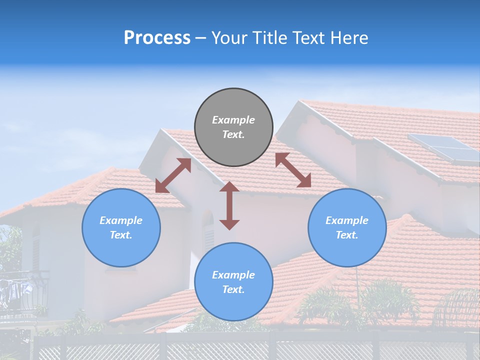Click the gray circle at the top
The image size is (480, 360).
(x=233, y=127)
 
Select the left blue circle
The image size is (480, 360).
(x=121, y=227)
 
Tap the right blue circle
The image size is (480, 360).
(x=347, y=227)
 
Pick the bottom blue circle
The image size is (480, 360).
(x=233, y=282)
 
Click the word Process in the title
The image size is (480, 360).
(x=157, y=38)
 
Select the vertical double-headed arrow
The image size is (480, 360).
(x=229, y=205)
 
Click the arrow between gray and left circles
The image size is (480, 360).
(x=173, y=175)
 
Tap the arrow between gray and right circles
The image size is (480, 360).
(x=293, y=170)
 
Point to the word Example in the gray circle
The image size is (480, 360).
(x=233, y=120)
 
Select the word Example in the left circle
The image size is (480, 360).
(x=121, y=220)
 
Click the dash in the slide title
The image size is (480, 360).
(x=201, y=38)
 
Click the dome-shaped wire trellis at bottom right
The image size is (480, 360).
(x=457, y=307)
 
